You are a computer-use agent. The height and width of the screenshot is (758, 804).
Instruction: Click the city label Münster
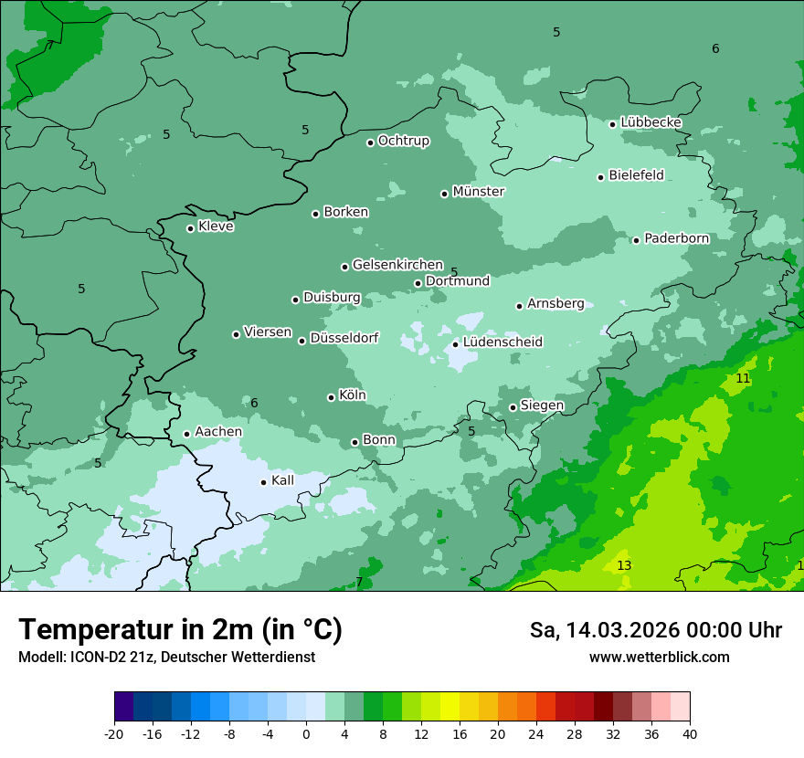478,192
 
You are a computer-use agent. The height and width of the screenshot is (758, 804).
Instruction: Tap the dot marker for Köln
331,397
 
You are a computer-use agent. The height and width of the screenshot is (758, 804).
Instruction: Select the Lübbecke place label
651,122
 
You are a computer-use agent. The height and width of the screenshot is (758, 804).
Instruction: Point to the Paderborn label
676,238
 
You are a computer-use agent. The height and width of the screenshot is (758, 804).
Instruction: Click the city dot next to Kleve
190,228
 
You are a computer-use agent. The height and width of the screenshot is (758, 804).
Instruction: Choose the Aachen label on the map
218,432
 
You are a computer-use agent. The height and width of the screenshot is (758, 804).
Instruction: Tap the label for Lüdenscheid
503,342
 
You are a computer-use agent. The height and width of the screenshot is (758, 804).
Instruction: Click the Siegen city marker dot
513,408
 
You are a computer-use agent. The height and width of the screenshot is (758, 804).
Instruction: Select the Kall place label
282,480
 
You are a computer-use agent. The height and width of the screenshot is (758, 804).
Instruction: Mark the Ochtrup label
403,141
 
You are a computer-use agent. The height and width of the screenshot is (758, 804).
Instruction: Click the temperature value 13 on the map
624,566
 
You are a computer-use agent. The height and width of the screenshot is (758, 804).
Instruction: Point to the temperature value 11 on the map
743,378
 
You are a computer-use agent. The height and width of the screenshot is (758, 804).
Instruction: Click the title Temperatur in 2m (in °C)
181,629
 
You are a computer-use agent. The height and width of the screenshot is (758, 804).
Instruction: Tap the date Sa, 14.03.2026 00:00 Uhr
655,630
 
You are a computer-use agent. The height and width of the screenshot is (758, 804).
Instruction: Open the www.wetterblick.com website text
659,657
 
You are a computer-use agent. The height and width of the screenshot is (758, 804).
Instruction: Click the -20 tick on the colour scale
114,734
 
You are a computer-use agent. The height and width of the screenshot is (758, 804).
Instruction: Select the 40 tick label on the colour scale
690,734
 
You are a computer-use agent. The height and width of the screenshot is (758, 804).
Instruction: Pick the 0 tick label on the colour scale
306,734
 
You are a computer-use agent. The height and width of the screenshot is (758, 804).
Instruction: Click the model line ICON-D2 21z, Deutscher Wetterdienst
166,657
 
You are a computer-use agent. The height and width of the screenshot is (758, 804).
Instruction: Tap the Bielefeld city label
636,175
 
